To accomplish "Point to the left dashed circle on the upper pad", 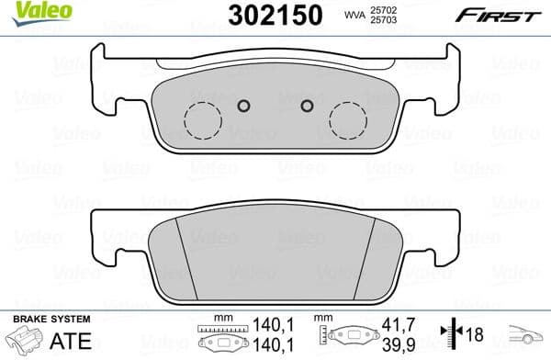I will coord(203,117).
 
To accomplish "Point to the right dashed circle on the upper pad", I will coord(348,117).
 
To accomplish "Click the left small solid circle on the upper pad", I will coord(243,104).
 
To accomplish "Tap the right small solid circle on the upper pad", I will coord(309,104).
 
